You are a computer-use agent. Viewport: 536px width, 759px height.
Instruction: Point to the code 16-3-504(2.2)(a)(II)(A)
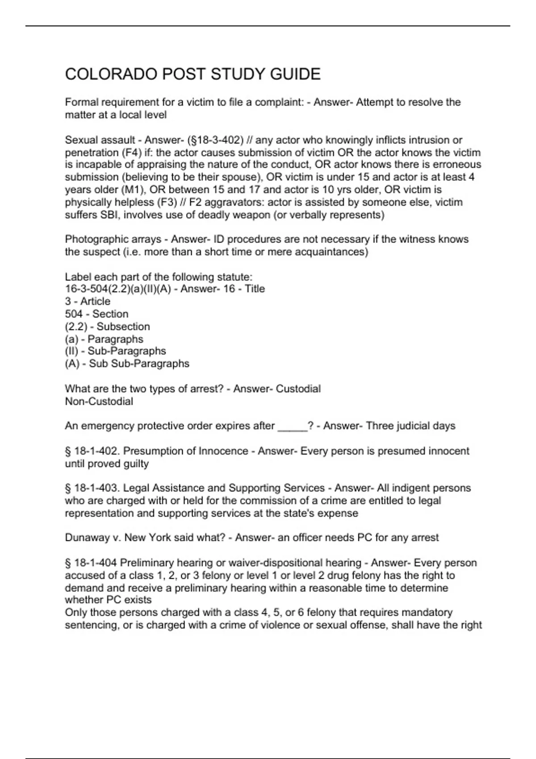coord(118,289)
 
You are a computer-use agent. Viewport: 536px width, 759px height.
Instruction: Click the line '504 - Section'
coord(96,314)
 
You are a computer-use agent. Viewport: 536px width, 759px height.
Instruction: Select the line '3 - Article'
coord(88,301)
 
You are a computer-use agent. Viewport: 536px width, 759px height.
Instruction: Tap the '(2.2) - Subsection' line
coord(107,326)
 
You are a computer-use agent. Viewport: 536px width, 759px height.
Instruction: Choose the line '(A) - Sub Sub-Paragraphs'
coord(127,364)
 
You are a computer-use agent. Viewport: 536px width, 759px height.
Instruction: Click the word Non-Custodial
coord(99,401)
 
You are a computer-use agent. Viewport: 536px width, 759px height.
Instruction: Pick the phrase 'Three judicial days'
coord(410,426)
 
